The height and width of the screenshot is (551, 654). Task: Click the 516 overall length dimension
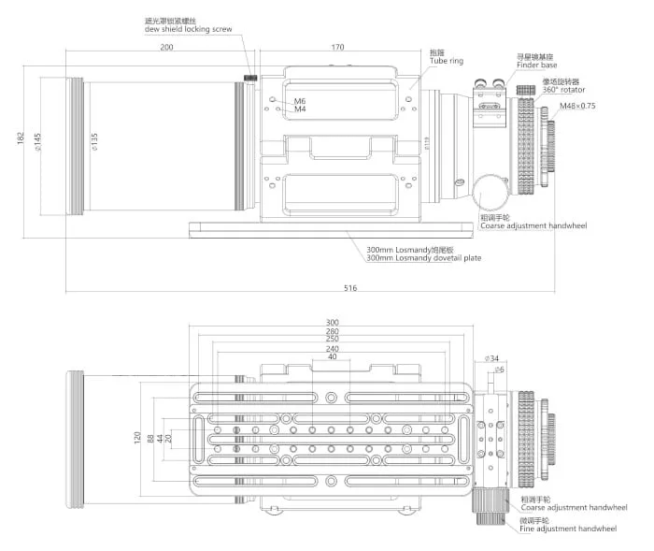pos(350,287)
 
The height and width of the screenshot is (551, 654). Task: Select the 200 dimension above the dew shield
pos(166,47)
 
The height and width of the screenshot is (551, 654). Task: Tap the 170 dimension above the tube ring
pos(337,47)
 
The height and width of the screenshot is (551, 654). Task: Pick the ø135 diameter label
pos(93,142)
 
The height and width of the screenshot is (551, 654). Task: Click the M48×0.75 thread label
pos(577,106)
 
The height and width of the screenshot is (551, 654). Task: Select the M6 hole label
pos(300,100)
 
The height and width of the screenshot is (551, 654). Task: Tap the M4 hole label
pos(300,109)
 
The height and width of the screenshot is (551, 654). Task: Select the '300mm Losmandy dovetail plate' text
pos(424,257)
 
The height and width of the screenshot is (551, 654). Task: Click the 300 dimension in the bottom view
pos(332,323)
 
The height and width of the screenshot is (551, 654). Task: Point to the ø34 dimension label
pos(492,358)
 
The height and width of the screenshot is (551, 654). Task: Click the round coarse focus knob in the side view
pos(490,191)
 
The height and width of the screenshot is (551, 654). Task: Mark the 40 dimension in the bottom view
pos(332,356)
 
